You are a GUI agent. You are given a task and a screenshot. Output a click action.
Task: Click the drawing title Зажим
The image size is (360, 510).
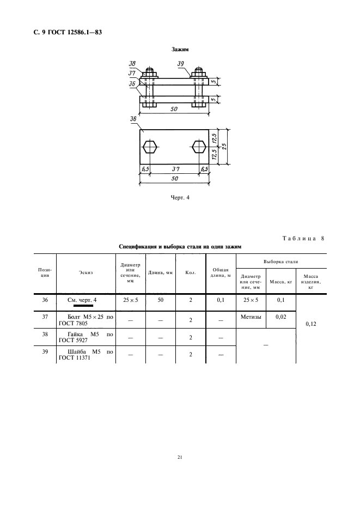pyautogui.click(x=179, y=50)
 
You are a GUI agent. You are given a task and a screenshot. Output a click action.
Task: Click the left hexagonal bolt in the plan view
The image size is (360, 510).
pyautogui.click(x=150, y=147)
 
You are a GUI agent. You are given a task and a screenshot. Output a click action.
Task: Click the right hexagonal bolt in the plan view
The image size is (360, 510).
pyautogui.click(x=199, y=147)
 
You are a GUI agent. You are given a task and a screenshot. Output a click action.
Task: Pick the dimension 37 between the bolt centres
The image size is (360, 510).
pyautogui.click(x=174, y=169)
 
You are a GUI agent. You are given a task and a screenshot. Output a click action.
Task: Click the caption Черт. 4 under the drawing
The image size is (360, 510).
pyautogui.click(x=179, y=198)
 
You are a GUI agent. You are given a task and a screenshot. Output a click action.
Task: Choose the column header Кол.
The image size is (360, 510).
pyautogui.click(x=191, y=272)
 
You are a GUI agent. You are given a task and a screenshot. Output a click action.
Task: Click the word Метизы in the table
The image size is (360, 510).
pyautogui.click(x=251, y=317)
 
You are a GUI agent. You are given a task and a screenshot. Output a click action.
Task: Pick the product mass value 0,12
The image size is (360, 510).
pyautogui.click(x=310, y=324)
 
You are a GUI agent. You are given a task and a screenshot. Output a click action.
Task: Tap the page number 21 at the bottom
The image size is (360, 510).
pyautogui.click(x=179, y=457)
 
